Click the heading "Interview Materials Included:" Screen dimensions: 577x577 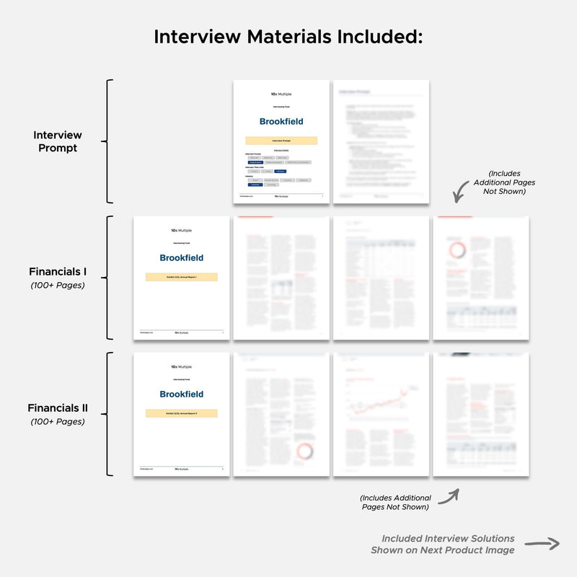[288, 37]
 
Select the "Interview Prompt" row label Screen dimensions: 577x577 [58, 141]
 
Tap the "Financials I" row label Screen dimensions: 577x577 [58, 272]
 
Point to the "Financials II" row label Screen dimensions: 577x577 [58, 408]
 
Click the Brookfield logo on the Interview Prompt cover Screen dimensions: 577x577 [281, 121]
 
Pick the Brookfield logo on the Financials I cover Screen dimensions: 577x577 [182, 257]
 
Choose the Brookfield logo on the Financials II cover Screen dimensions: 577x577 [182, 395]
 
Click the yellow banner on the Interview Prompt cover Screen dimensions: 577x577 [281, 141]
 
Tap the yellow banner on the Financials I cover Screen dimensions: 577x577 [182, 277]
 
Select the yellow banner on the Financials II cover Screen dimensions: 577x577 [182, 413]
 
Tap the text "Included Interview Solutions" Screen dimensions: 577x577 [448, 539]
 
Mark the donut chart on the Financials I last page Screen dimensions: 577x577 [456, 251]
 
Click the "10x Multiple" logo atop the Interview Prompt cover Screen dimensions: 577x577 [281, 94]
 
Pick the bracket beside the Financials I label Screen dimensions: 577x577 [110, 278]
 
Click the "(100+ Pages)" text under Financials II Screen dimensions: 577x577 [58, 421]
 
